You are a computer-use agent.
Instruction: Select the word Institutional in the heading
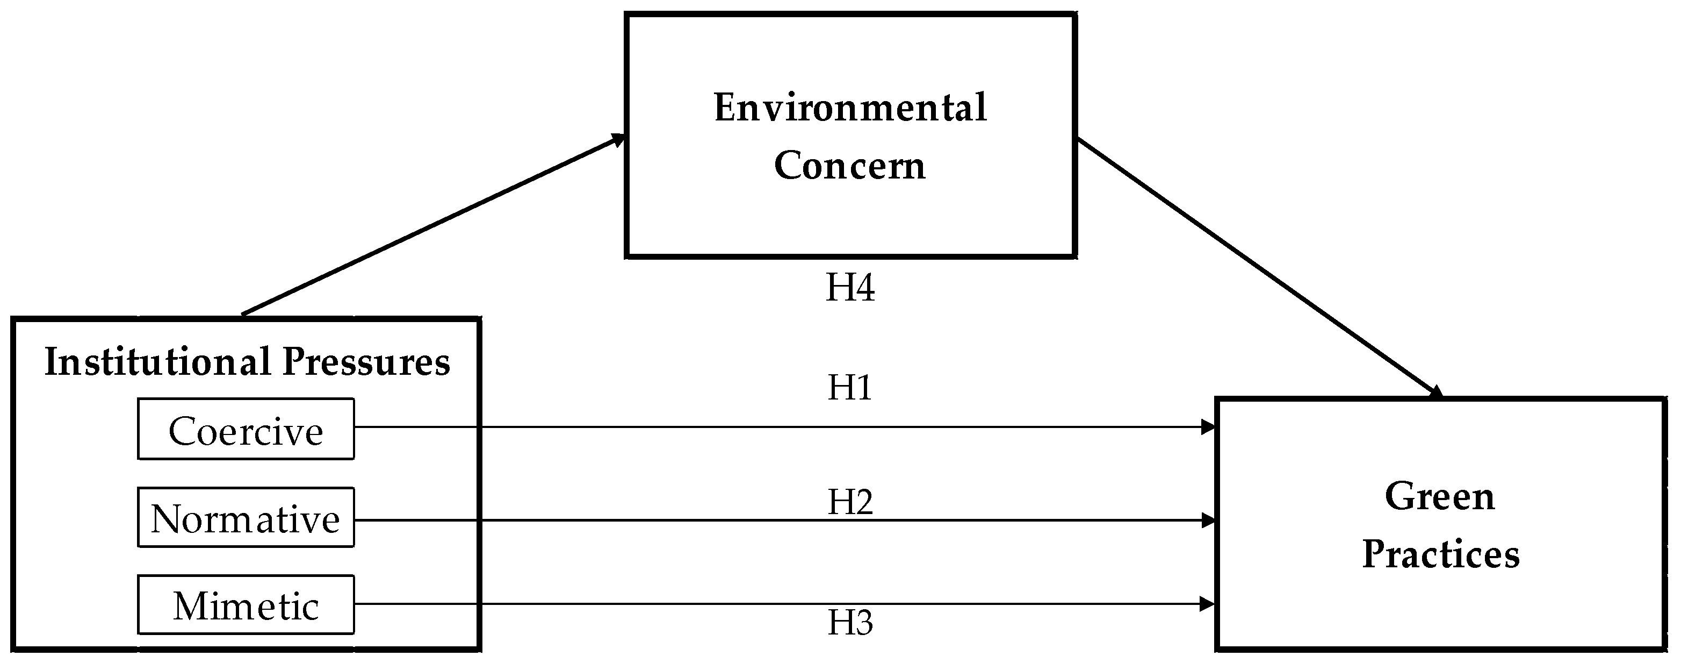pos(157,362)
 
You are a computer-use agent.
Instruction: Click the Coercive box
pos(246,429)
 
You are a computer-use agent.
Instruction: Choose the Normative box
pos(246,517)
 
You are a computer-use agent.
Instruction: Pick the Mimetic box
pos(246,605)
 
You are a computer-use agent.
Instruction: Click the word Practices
pos(1441,554)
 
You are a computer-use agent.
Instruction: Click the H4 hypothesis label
pos(850,288)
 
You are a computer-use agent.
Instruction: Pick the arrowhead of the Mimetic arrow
pos(1208,604)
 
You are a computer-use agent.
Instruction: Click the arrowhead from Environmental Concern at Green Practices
pos(1435,393)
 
